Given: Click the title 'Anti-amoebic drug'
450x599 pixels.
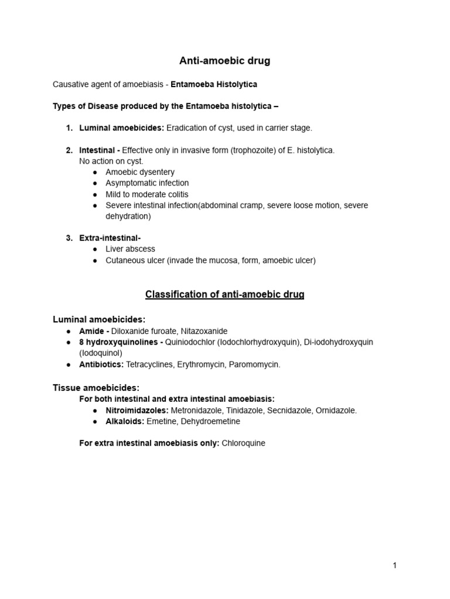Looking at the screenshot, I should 224,61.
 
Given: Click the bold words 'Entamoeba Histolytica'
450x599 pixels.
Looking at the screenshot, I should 213,84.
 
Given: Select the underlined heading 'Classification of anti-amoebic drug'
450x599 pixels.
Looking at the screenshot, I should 224,295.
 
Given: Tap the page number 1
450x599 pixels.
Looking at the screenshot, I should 395,565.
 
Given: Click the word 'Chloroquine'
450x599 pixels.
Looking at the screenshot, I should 243,443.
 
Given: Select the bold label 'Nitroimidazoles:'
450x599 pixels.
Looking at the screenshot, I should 137,411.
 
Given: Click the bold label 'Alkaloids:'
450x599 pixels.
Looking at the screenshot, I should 125,421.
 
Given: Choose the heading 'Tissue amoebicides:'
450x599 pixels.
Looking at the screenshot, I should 96,387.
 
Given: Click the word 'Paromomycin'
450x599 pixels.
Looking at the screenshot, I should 257,364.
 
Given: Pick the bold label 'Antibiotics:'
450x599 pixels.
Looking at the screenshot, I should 101,364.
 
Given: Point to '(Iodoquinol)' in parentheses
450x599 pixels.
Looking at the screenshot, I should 101,353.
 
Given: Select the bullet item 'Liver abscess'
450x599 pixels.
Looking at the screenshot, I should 130,249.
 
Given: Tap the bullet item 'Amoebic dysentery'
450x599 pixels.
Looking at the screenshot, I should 140,172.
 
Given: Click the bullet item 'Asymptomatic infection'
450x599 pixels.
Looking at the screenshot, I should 147,183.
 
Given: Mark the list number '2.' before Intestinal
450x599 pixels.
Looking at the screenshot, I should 69,150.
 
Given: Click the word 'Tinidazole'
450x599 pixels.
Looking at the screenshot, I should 246,411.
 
